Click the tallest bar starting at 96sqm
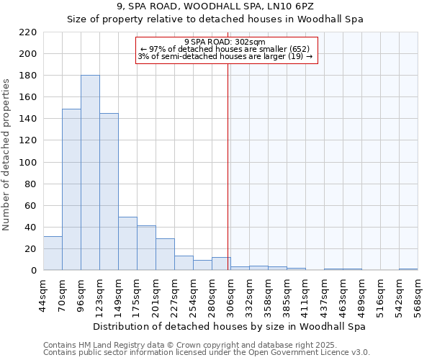pos(90,173)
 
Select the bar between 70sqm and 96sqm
pos(71,189)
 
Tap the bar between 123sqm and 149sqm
pos(109,192)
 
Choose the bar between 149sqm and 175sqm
pos(127,243)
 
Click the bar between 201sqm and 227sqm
pos(165,254)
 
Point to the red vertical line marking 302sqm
pos(228,158)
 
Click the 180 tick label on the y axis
pos(28,76)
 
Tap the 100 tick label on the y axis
pos(28,162)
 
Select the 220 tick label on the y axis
pos(28,32)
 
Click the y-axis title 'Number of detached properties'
pos(7,151)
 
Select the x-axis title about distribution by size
pos(230,326)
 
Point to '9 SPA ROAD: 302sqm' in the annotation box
pos(225,42)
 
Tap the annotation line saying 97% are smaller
pos(225,49)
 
